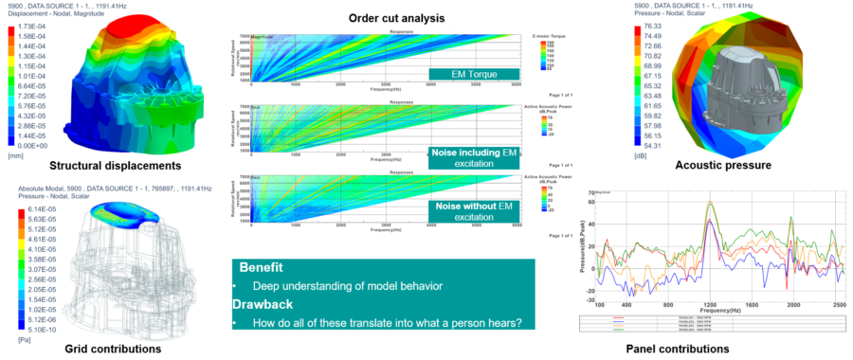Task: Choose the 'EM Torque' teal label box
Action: pyautogui.click(x=475, y=74)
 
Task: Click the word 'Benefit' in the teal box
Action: pyautogui.click(x=261, y=268)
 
